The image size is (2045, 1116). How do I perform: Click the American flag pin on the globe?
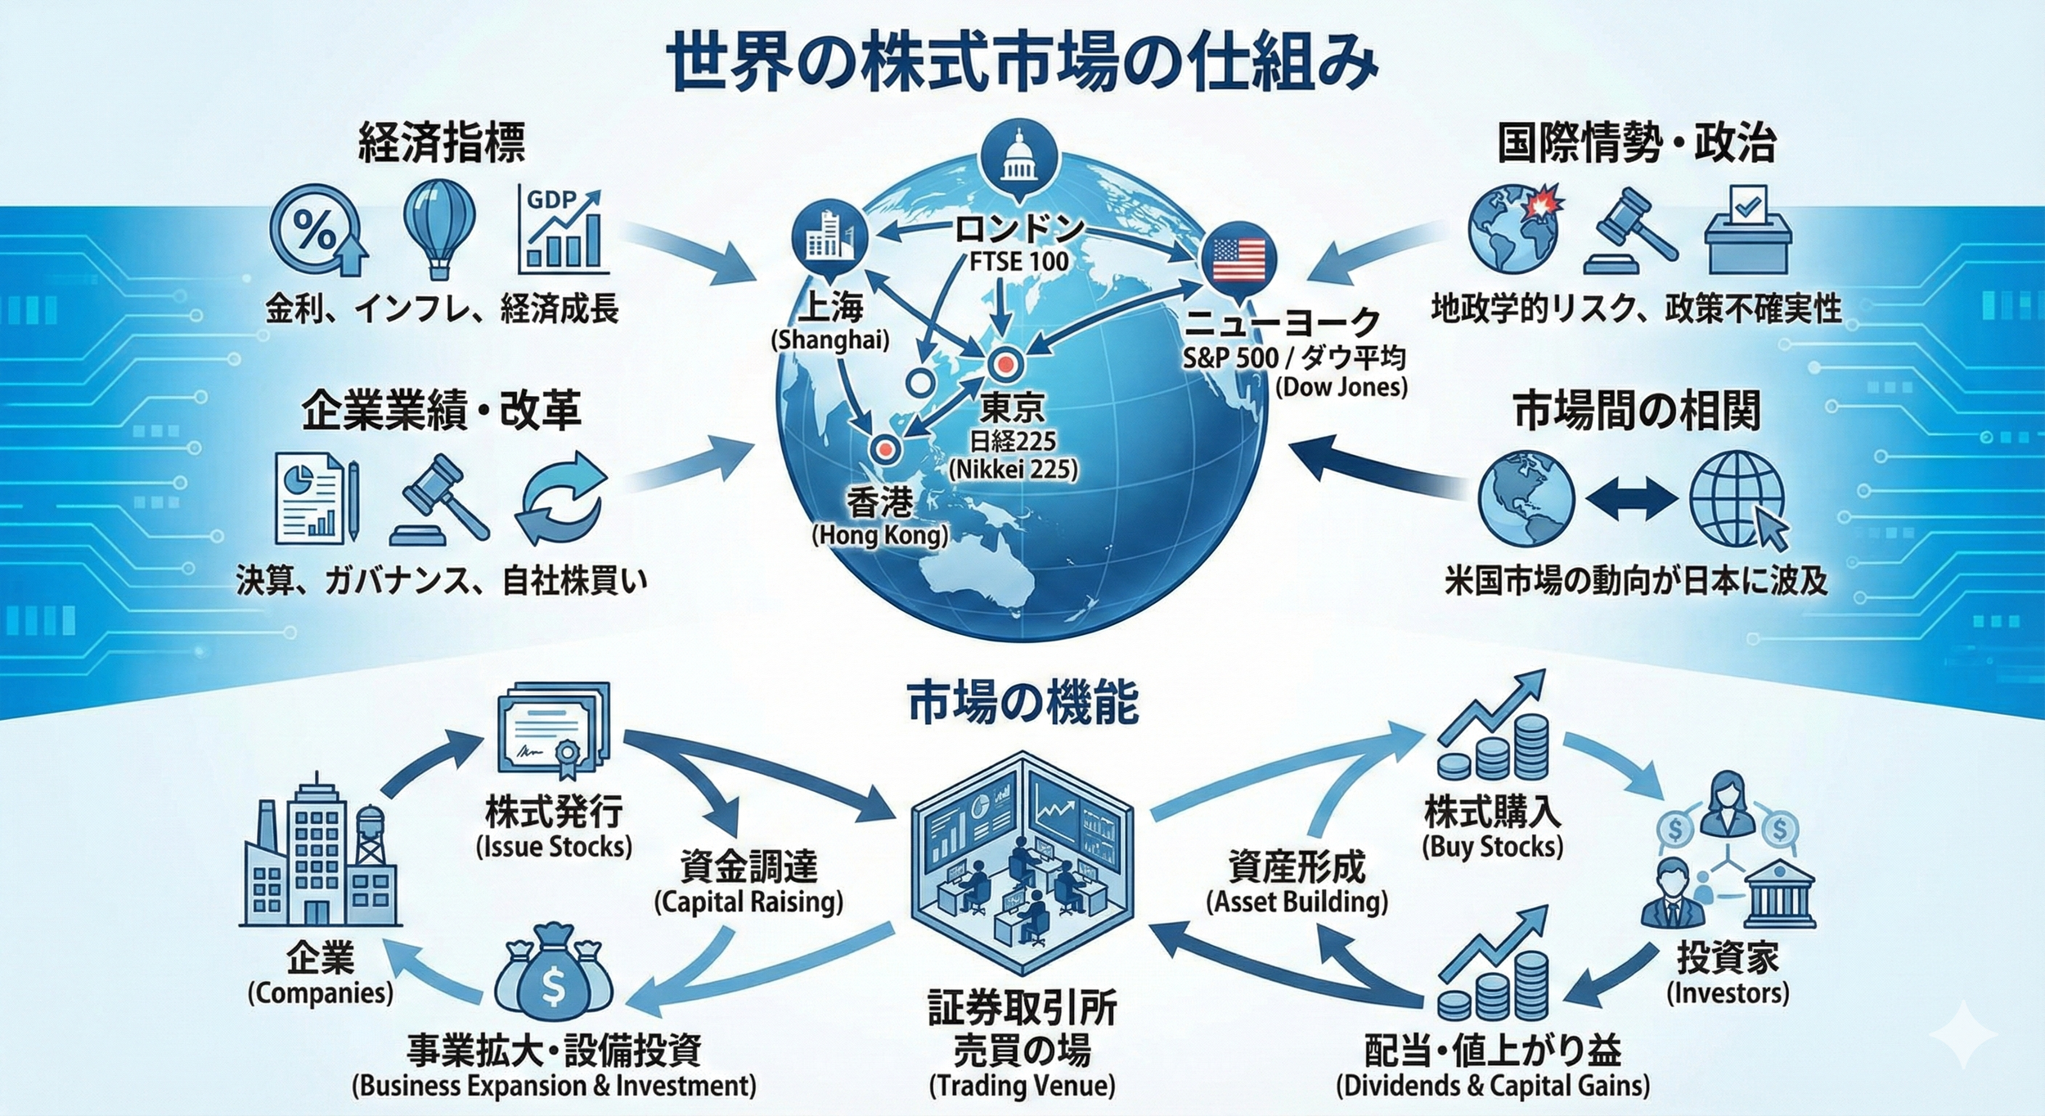tap(1238, 259)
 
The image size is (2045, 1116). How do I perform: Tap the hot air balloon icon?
tap(439, 226)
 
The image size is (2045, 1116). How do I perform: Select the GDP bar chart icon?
tap(563, 231)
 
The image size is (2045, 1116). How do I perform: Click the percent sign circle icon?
tap(316, 231)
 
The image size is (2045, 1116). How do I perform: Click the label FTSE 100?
tap(1018, 262)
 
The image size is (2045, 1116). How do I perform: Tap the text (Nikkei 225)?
tap(1013, 470)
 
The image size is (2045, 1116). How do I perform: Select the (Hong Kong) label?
tap(879, 536)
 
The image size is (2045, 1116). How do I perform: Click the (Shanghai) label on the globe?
tap(829, 340)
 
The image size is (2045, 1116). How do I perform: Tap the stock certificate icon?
tap(553, 731)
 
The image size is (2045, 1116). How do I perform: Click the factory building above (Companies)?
tap(321, 855)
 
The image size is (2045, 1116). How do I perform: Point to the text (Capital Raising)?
tap(748, 902)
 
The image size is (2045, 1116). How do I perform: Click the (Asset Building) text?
tap(1297, 902)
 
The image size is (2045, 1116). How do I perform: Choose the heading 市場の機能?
tap(1022, 703)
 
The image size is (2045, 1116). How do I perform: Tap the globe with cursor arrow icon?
tap(1739, 501)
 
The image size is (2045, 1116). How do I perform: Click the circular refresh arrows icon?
tap(561, 497)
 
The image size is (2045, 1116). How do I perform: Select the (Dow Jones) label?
tap(1342, 387)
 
